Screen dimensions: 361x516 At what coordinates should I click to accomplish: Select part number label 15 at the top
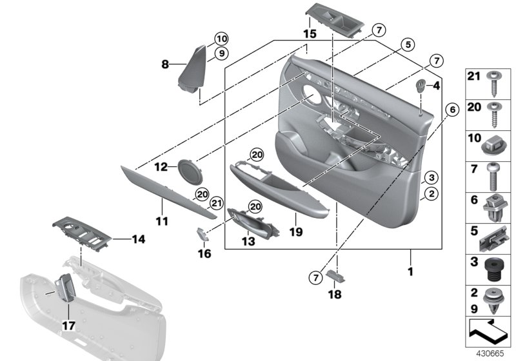tap(310, 33)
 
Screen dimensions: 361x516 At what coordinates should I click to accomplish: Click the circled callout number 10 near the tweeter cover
tap(221, 38)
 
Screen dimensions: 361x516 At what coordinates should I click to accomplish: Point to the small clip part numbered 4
tap(421, 86)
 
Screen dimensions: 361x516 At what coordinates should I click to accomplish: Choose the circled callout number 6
tap(451, 110)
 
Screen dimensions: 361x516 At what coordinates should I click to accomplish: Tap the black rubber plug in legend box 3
tap(495, 266)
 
